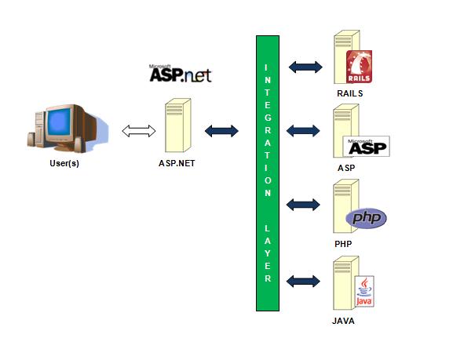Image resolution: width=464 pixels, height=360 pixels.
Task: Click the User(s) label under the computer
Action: coord(64,163)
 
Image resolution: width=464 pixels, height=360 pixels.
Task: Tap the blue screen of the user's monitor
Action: coord(59,122)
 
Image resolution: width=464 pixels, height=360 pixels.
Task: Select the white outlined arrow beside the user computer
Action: coord(139,131)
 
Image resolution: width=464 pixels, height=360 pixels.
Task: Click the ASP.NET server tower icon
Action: coord(178,125)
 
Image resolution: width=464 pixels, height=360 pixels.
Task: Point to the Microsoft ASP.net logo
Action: coord(181,73)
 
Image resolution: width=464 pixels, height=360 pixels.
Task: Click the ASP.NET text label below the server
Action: coord(177,163)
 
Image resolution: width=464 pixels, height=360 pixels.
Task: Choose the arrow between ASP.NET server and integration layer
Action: coord(221,131)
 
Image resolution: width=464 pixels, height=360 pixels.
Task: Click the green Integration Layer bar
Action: coord(268,173)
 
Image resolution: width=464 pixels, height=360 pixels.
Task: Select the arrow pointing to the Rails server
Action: coord(305,67)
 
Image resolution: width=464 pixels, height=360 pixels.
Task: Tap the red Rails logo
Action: coord(359,67)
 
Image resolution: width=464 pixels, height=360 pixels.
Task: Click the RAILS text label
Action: coord(350,93)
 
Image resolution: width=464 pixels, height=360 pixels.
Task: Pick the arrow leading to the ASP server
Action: coord(303,131)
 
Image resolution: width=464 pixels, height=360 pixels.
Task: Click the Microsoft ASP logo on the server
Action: coord(367,147)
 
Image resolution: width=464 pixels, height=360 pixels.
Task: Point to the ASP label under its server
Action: coord(346,168)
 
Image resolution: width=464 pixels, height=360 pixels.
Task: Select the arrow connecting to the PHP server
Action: coord(303,205)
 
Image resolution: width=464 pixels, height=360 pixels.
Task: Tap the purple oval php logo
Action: coord(366,218)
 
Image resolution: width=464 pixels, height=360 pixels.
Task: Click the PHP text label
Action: coord(343,244)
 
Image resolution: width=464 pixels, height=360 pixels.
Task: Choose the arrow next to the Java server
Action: coord(303,281)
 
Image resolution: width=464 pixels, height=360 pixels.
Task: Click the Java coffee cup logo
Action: coord(364,292)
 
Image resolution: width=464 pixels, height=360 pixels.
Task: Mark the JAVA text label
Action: coord(343,321)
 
